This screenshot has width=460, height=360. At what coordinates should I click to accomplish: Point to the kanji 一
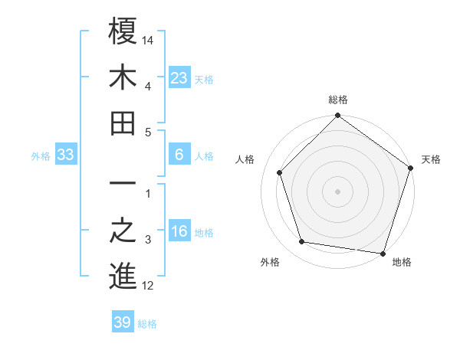coord(123,185)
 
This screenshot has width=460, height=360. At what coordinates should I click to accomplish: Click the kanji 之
coord(123,231)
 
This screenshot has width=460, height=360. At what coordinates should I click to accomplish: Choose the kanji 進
coord(123,277)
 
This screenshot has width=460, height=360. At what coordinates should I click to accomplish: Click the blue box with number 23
coord(179,78)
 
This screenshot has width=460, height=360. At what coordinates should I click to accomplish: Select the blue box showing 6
coord(179,155)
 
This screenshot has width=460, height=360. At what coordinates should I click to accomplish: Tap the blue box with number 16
coord(179,231)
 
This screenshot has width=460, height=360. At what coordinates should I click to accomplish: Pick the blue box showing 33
coord(66,155)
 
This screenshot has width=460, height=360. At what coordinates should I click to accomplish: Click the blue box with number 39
coord(122,322)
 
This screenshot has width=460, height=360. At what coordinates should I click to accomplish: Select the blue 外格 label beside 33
coord(41,156)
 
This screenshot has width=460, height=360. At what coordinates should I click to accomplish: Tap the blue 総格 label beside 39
coord(147,324)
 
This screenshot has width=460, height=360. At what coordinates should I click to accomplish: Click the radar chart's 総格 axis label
coord(338,100)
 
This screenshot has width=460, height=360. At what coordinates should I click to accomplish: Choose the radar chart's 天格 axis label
coord(432,159)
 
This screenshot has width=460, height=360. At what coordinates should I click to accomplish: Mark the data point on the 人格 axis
coord(280,172)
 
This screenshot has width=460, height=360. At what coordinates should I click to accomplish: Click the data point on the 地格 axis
coord(383,253)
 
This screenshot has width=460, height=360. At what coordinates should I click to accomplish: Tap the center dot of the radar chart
coord(338,191)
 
